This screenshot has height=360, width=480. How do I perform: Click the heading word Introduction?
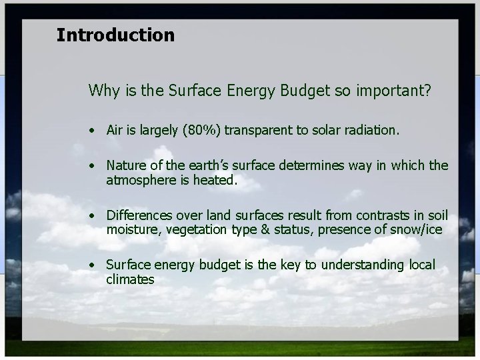(x=115, y=35)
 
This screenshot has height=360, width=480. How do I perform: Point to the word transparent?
(x=259, y=131)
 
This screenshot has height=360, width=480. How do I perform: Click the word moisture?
(x=131, y=230)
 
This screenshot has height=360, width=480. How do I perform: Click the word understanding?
(x=363, y=265)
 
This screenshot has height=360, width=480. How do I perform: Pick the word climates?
(x=130, y=280)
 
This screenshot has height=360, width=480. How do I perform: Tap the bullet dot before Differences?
(x=94, y=216)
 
